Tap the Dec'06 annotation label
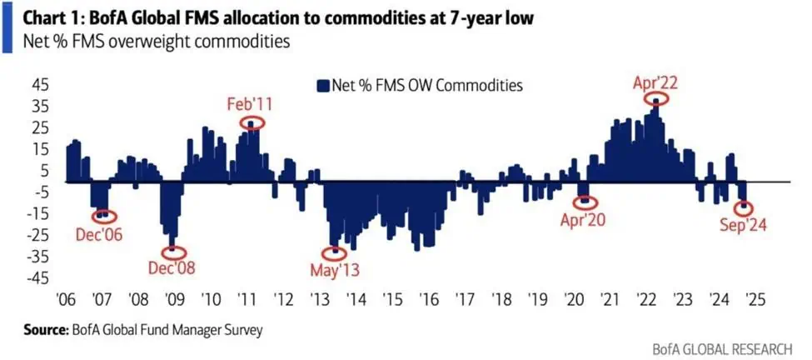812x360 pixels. (x=98, y=236)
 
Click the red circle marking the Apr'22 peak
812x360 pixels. (x=656, y=99)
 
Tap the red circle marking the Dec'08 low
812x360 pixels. (x=172, y=251)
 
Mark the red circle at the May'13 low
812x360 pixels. (x=336, y=251)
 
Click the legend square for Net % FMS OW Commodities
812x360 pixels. (x=321, y=85)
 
